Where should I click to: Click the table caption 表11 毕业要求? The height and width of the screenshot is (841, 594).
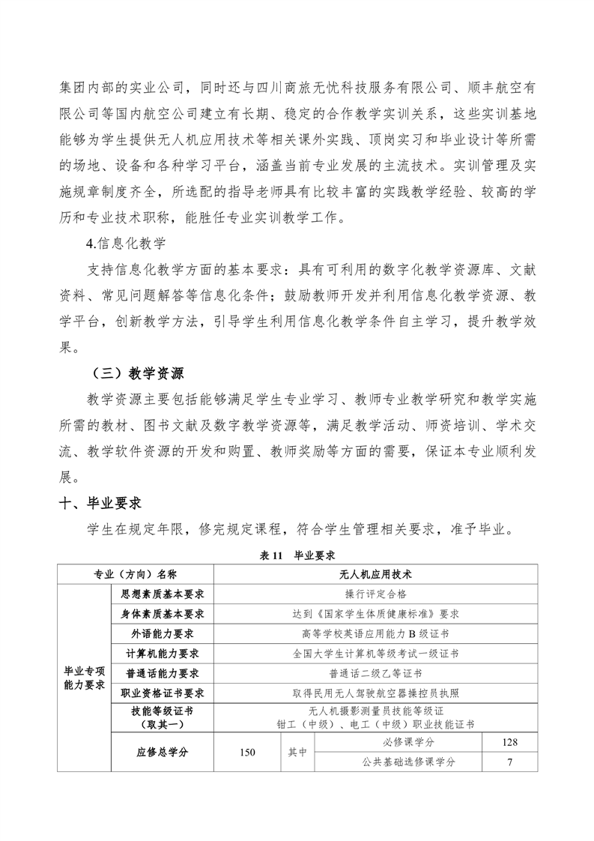(297, 556)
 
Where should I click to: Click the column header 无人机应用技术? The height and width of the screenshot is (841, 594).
(375, 574)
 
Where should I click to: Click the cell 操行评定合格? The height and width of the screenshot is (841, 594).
(375, 594)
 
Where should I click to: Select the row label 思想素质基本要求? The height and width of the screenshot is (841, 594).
(162, 594)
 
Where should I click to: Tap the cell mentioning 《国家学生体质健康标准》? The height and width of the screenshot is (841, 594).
(375, 613)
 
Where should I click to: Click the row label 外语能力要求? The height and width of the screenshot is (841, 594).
(162, 633)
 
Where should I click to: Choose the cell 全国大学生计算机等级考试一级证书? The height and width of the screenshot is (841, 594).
(375, 653)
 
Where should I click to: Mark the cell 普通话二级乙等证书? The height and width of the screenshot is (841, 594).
(375, 672)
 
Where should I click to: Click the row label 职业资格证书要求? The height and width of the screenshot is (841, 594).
(162, 692)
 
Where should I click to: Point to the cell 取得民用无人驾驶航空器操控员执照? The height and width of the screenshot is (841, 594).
(375, 692)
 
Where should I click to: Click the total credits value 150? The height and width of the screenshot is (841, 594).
(247, 752)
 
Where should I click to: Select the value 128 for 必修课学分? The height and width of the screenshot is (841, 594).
(509, 742)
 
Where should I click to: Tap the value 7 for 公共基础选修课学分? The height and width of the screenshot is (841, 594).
(509, 762)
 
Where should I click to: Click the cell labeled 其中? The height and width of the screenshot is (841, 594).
(297, 752)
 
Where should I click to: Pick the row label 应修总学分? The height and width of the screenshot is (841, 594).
(162, 752)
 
